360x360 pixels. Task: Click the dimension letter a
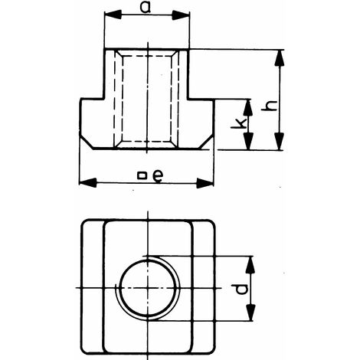coord(146,8)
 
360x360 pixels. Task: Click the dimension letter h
coord(270,106)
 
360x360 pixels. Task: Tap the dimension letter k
coord(238,123)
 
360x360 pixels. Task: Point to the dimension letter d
coord(241,289)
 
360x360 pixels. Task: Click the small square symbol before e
coord(142,176)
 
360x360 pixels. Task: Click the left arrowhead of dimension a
coord(113,15)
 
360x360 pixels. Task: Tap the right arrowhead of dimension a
coord(181,15)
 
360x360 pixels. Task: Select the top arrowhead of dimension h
coord(280,58)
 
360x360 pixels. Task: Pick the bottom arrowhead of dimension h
coord(280,141)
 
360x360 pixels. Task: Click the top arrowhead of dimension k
coord(247,108)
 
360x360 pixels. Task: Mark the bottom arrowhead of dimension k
coord(248,141)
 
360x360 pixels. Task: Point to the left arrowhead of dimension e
coord(88,183)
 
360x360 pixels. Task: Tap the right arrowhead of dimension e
coord(205,183)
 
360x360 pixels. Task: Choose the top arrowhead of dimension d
coord(250,265)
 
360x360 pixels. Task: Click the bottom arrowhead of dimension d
coord(251,313)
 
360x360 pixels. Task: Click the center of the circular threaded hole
coord(148,288)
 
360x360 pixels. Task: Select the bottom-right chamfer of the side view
coord(206,142)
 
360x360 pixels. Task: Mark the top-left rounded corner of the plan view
coord(83,222)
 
